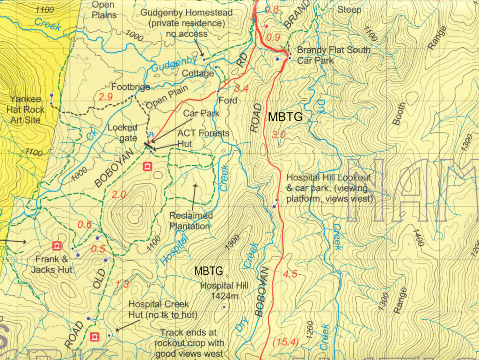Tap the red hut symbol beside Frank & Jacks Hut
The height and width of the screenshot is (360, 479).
coord(57,245)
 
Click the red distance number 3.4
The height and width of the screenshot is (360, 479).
coord(241,88)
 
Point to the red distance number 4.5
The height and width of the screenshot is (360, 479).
coord(290,274)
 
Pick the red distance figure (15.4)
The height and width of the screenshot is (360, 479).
coord(285,342)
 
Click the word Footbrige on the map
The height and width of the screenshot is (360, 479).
coord(131,87)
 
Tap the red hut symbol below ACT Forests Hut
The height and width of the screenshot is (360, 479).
coord(148,166)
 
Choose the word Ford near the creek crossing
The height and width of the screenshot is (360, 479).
coord(228,100)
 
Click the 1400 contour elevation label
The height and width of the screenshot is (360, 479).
coord(418,237)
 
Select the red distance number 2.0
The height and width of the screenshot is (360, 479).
coord(119,194)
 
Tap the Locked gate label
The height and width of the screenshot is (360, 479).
coord(123,132)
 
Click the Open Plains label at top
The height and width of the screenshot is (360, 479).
coord(104,10)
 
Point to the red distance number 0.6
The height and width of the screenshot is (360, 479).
coord(84,224)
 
